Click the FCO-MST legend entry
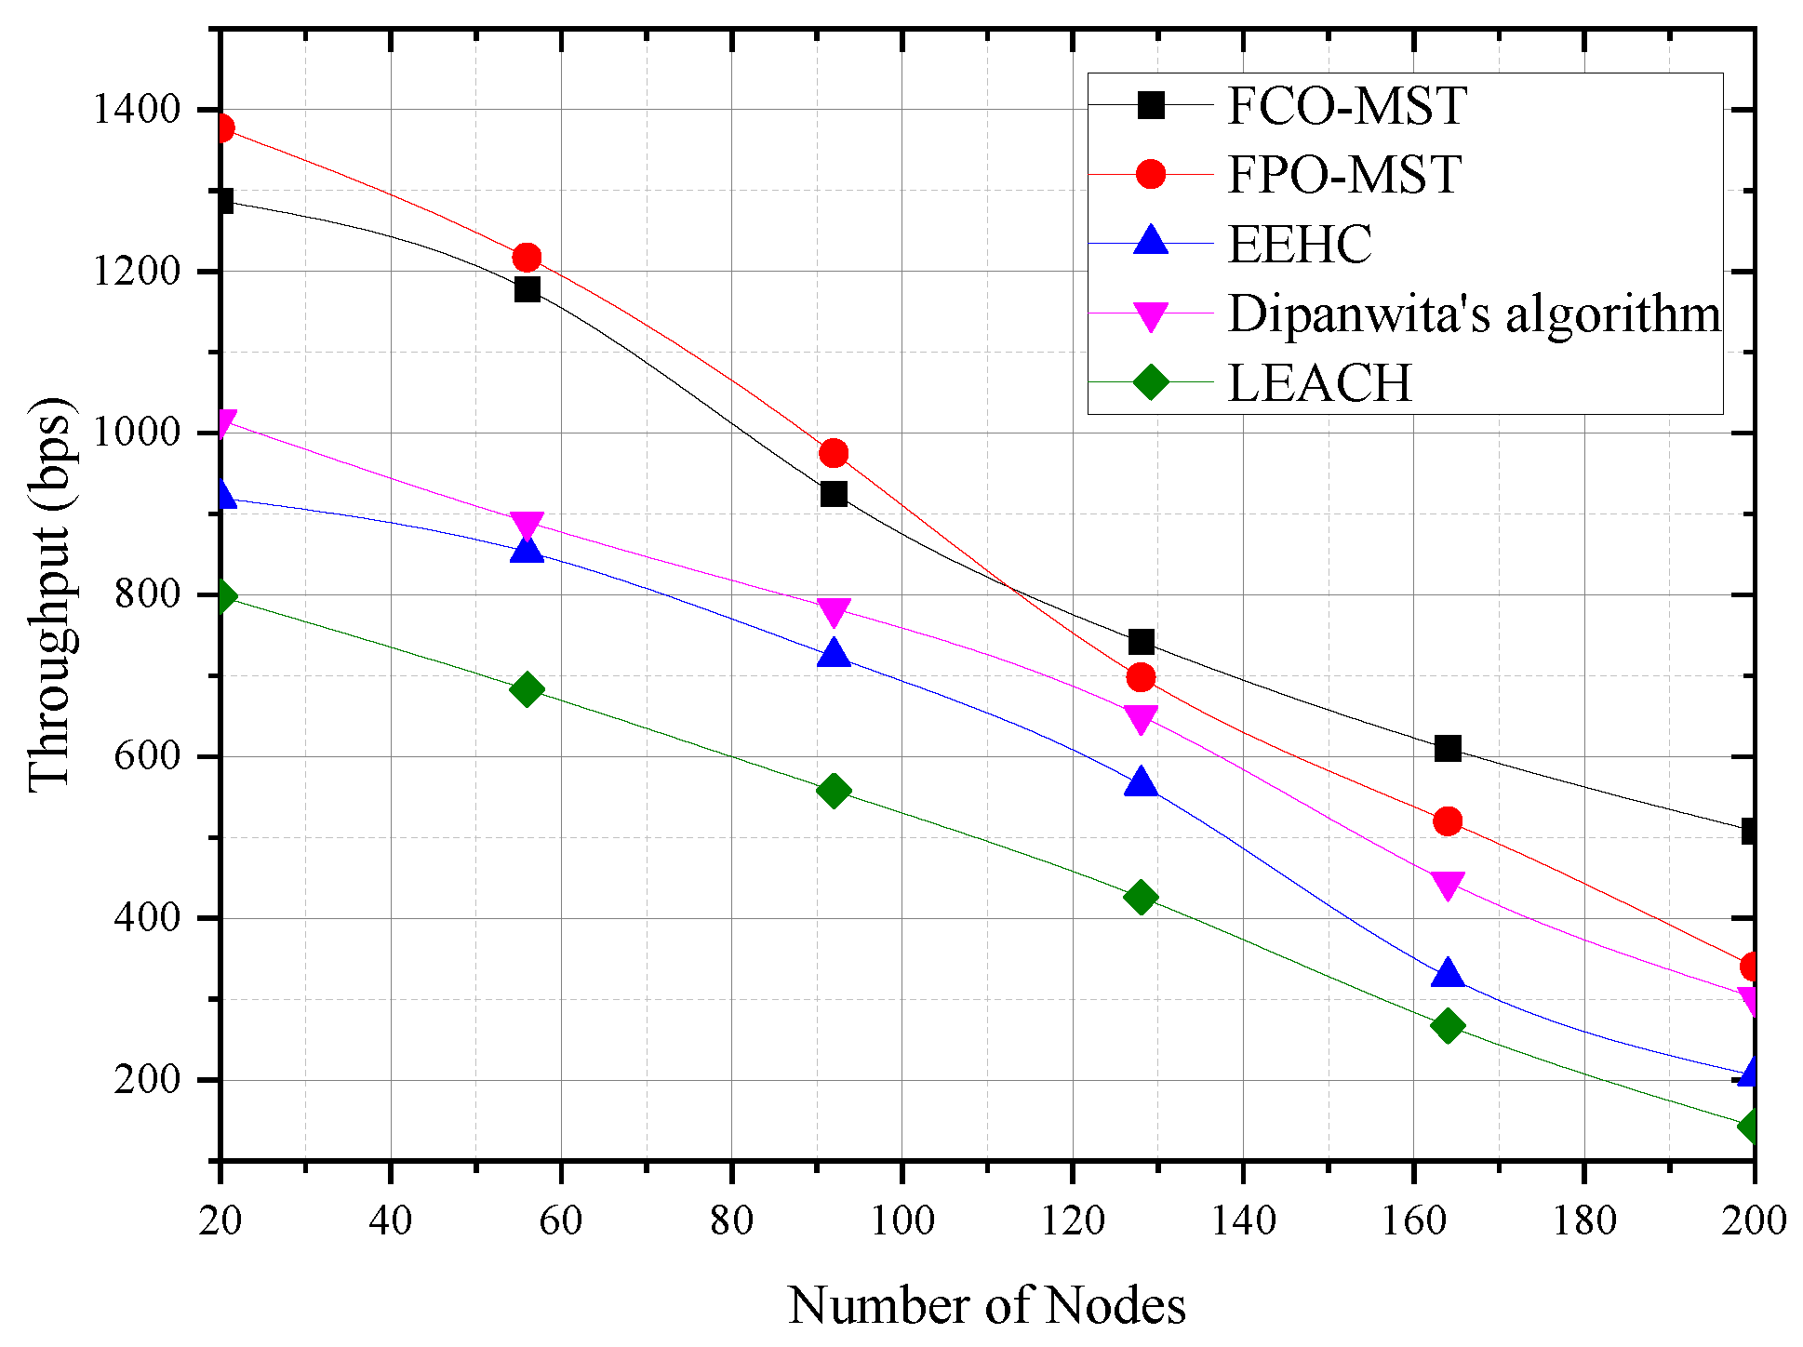pyautogui.click(x=1346, y=106)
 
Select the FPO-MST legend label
pyautogui.click(x=1343, y=175)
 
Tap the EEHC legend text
pyautogui.click(x=1300, y=245)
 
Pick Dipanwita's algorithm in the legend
pyautogui.click(x=1474, y=313)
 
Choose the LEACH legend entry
pyautogui.click(x=1319, y=382)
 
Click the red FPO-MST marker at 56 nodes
pyautogui.click(x=527, y=257)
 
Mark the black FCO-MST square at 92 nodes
pyautogui.click(x=834, y=494)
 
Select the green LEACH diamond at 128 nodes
pyautogui.click(x=1141, y=898)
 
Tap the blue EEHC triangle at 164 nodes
pyautogui.click(x=1448, y=974)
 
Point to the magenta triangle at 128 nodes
pyautogui.click(x=1141, y=718)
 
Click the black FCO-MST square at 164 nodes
pyautogui.click(x=1448, y=748)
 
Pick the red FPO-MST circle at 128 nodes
pyautogui.click(x=1141, y=677)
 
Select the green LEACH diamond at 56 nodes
pyautogui.click(x=527, y=689)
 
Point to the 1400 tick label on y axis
pyautogui.click(x=136, y=110)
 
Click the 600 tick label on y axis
pyautogui.click(x=147, y=756)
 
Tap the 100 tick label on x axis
pyautogui.click(x=901, y=1220)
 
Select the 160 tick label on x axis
pyautogui.click(x=1413, y=1220)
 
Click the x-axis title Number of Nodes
pyautogui.click(x=986, y=1305)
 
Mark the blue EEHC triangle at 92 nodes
pyautogui.click(x=834, y=654)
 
